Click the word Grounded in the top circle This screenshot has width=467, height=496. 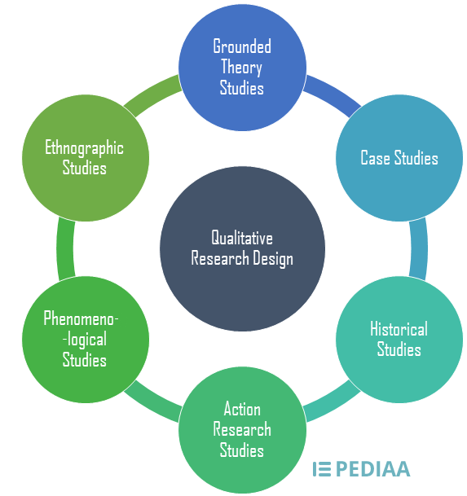click(242, 46)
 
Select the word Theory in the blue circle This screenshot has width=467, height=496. click(242, 67)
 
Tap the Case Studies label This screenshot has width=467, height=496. click(399, 158)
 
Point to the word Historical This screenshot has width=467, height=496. click(399, 329)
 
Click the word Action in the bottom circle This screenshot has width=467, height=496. click(242, 408)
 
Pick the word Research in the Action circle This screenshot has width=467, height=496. click(242, 429)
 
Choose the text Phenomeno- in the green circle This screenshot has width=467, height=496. click(85, 318)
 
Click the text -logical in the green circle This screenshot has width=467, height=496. click(85, 339)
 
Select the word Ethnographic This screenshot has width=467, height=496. click(85, 148)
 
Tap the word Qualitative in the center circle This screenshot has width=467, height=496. click(242, 238)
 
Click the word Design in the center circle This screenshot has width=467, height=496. click(272, 259)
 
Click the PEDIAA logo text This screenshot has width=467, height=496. click(372, 468)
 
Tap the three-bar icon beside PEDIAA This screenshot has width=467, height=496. click(322, 468)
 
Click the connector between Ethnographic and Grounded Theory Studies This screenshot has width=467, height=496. click(152, 92)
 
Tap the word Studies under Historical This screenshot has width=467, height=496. click(399, 349)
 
